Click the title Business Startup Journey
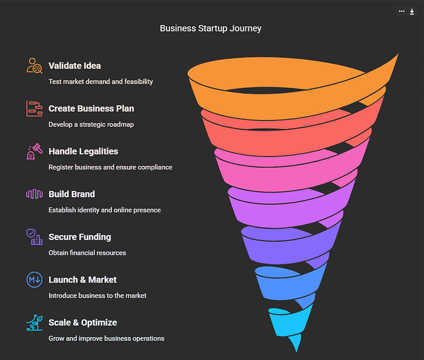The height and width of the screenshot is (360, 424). click(210, 28)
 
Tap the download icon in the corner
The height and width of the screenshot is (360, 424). click(412, 11)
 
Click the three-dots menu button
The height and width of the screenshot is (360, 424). click(402, 11)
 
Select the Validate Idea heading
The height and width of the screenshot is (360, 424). click(75, 65)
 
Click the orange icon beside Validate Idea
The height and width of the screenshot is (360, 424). click(35, 65)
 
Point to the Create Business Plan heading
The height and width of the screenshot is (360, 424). click(91, 108)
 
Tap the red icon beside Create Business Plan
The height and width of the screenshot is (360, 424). click(35, 108)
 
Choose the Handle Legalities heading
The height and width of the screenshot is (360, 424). click(83, 151)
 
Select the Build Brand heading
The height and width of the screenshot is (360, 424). click(71, 194)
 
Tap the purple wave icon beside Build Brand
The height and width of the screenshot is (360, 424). click(35, 194)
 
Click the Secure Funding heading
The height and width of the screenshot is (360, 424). click(79, 237)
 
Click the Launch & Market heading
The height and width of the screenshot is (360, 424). click(82, 280)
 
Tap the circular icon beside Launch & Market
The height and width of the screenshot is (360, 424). click(35, 280)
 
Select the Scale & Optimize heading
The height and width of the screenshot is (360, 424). click(82, 322)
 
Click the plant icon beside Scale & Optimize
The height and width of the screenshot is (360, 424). click(35, 322)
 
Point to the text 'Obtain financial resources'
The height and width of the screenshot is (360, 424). click(87, 252)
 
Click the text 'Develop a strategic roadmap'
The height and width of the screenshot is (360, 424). click(91, 124)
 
